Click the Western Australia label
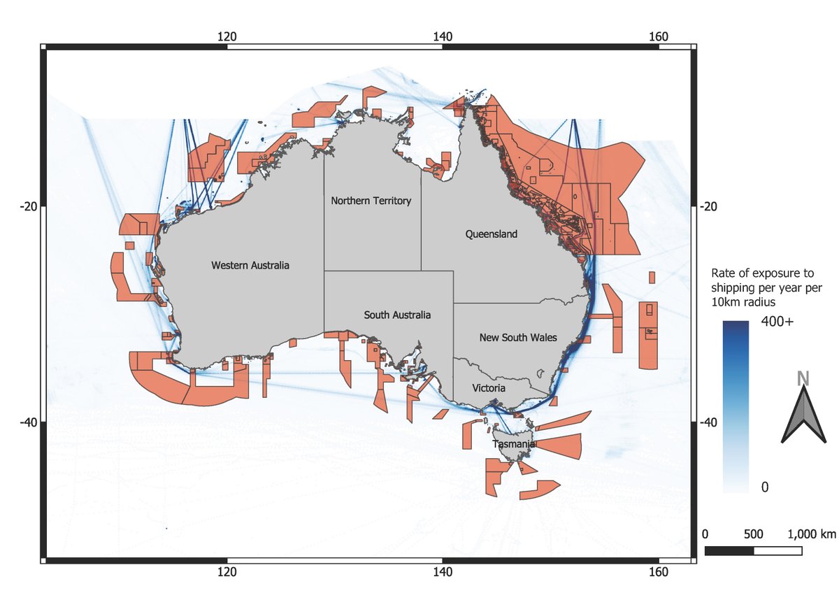tap(250, 266)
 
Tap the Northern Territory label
tap(371, 201)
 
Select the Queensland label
tap(492, 234)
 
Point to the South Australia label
tap(397, 315)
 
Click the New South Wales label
tap(518, 338)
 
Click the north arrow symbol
tap(803, 416)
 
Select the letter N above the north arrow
tap(803, 379)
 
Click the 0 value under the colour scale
tap(764, 487)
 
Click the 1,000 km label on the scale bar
tap(811, 534)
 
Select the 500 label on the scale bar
tap(752, 534)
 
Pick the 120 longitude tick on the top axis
tap(227, 36)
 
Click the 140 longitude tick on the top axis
tap(443, 36)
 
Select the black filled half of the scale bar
tap(729, 551)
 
